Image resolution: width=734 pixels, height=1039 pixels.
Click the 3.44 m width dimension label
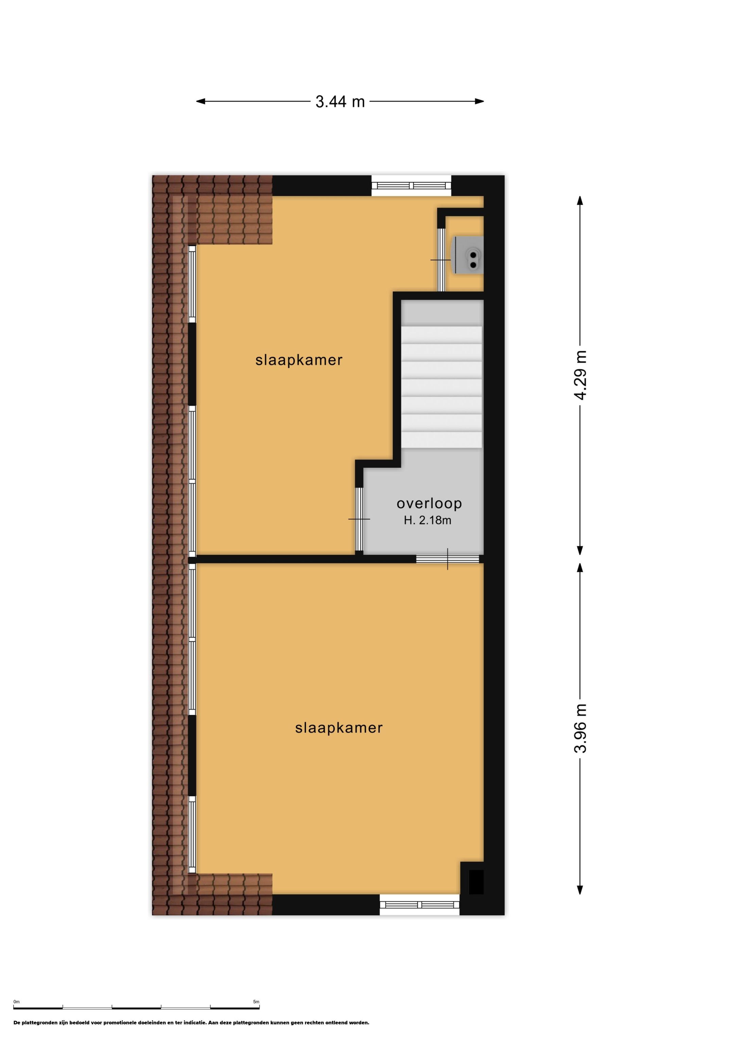[340, 102]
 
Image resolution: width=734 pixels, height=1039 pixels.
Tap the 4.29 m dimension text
[580, 375]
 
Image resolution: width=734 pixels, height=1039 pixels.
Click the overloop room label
[429, 503]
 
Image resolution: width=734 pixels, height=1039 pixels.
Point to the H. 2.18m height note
[427, 520]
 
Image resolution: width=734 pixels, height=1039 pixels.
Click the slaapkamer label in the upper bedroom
[299, 360]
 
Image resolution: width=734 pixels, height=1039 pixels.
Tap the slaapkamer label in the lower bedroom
[339, 728]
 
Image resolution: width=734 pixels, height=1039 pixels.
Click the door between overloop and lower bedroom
[447, 559]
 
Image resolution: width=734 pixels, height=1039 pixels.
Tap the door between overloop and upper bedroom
[359, 519]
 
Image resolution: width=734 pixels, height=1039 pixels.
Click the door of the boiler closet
[441, 260]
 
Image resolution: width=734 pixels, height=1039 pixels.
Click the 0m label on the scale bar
[17, 1002]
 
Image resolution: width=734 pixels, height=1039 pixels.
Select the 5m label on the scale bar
[256, 1002]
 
